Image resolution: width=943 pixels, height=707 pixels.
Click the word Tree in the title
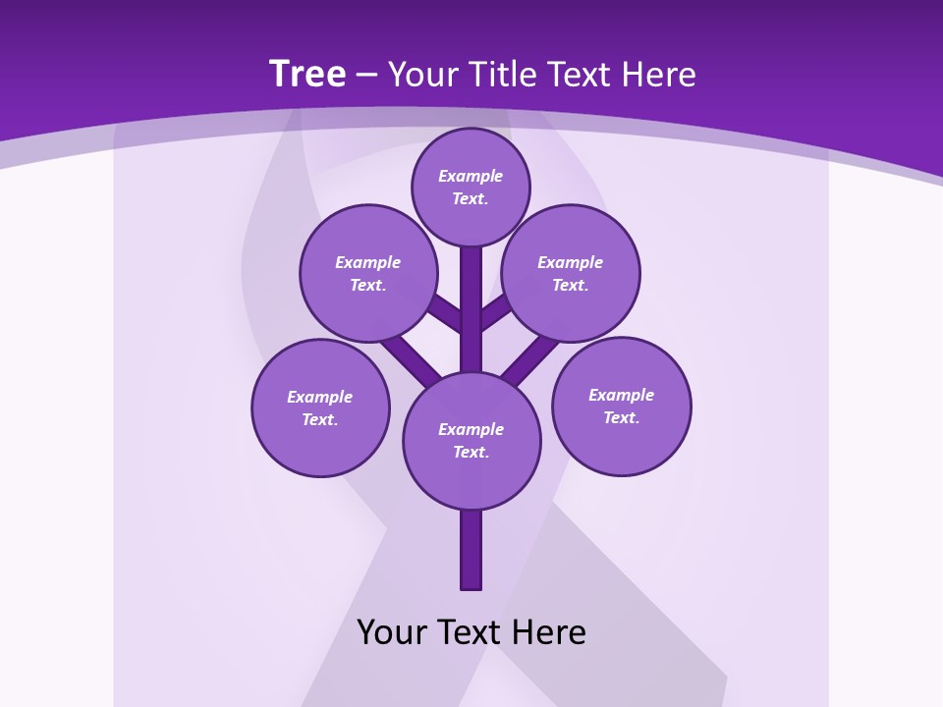pyautogui.click(x=307, y=74)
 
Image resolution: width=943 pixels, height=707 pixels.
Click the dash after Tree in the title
pyautogui.click(x=366, y=76)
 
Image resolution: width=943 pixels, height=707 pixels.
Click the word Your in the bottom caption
pyautogui.click(x=393, y=632)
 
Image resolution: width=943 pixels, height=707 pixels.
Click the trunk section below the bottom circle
pyautogui.click(x=471, y=550)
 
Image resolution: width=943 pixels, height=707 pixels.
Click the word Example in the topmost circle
pyautogui.click(x=471, y=177)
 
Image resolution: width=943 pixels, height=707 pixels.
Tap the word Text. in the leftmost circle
pyautogui.click(x=320, y=420)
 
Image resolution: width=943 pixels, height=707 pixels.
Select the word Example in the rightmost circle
pyautogui.click(x=621, y=396)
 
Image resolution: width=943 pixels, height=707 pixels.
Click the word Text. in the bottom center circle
pyautogui.click(x=471, y=453)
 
